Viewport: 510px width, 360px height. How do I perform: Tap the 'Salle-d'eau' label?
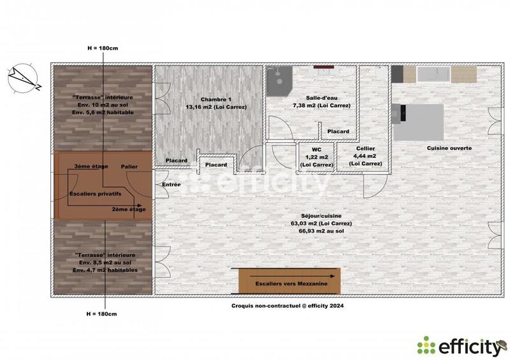point(321,97)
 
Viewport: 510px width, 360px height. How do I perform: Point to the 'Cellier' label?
point(365,148)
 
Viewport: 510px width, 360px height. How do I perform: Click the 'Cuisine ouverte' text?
point(449,148)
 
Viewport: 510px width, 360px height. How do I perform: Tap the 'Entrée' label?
point(171,185)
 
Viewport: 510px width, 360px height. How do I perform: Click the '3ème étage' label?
point(91,166)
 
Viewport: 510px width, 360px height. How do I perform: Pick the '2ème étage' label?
point(129,210)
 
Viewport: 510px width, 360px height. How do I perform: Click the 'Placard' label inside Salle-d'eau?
point(338,131)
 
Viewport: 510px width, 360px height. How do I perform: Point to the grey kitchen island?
point(418,122)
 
